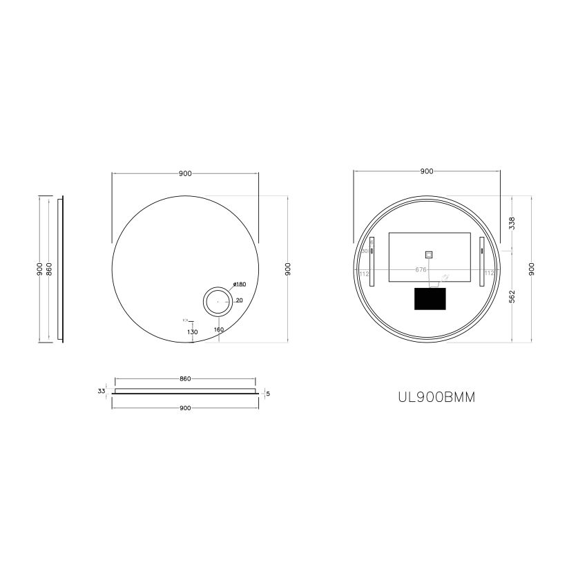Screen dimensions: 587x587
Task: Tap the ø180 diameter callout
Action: pyautogui.click(x=240, y=284)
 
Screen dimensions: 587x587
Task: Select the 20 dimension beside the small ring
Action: pyautogui.click(x=239, y=300)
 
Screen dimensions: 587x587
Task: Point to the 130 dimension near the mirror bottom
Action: pyautogui.click(x=193, y=332)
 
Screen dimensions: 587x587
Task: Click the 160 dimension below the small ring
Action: pyautogui.click(x=219, y=330)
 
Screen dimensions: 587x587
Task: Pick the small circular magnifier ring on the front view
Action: pyautogui.click(x=217, y=301)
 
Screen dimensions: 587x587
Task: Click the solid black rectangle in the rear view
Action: pyautogui.click(x=430, y=298)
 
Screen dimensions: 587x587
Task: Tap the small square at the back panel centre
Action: pyautogui.click(x=428, y=254)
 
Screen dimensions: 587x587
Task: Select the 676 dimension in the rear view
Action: pyautogui.click(x=421, y=270)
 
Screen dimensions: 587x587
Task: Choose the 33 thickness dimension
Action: pyautogui.click(x=102, y=391)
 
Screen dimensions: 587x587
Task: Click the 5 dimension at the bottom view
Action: pyautogui.click(x=267, y=394)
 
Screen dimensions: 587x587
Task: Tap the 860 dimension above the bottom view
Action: pyautogui.click(x=185, y=379)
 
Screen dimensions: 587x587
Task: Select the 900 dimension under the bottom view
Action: pyautogui.click(x=185, y=408)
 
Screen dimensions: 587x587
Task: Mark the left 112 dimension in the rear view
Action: pyautogui.click(x=363, y=273)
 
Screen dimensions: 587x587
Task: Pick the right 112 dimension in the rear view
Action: pyautogui.click(x=489, y=273)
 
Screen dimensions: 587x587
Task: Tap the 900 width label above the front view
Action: pyautogui.click(x=185, y=173)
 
